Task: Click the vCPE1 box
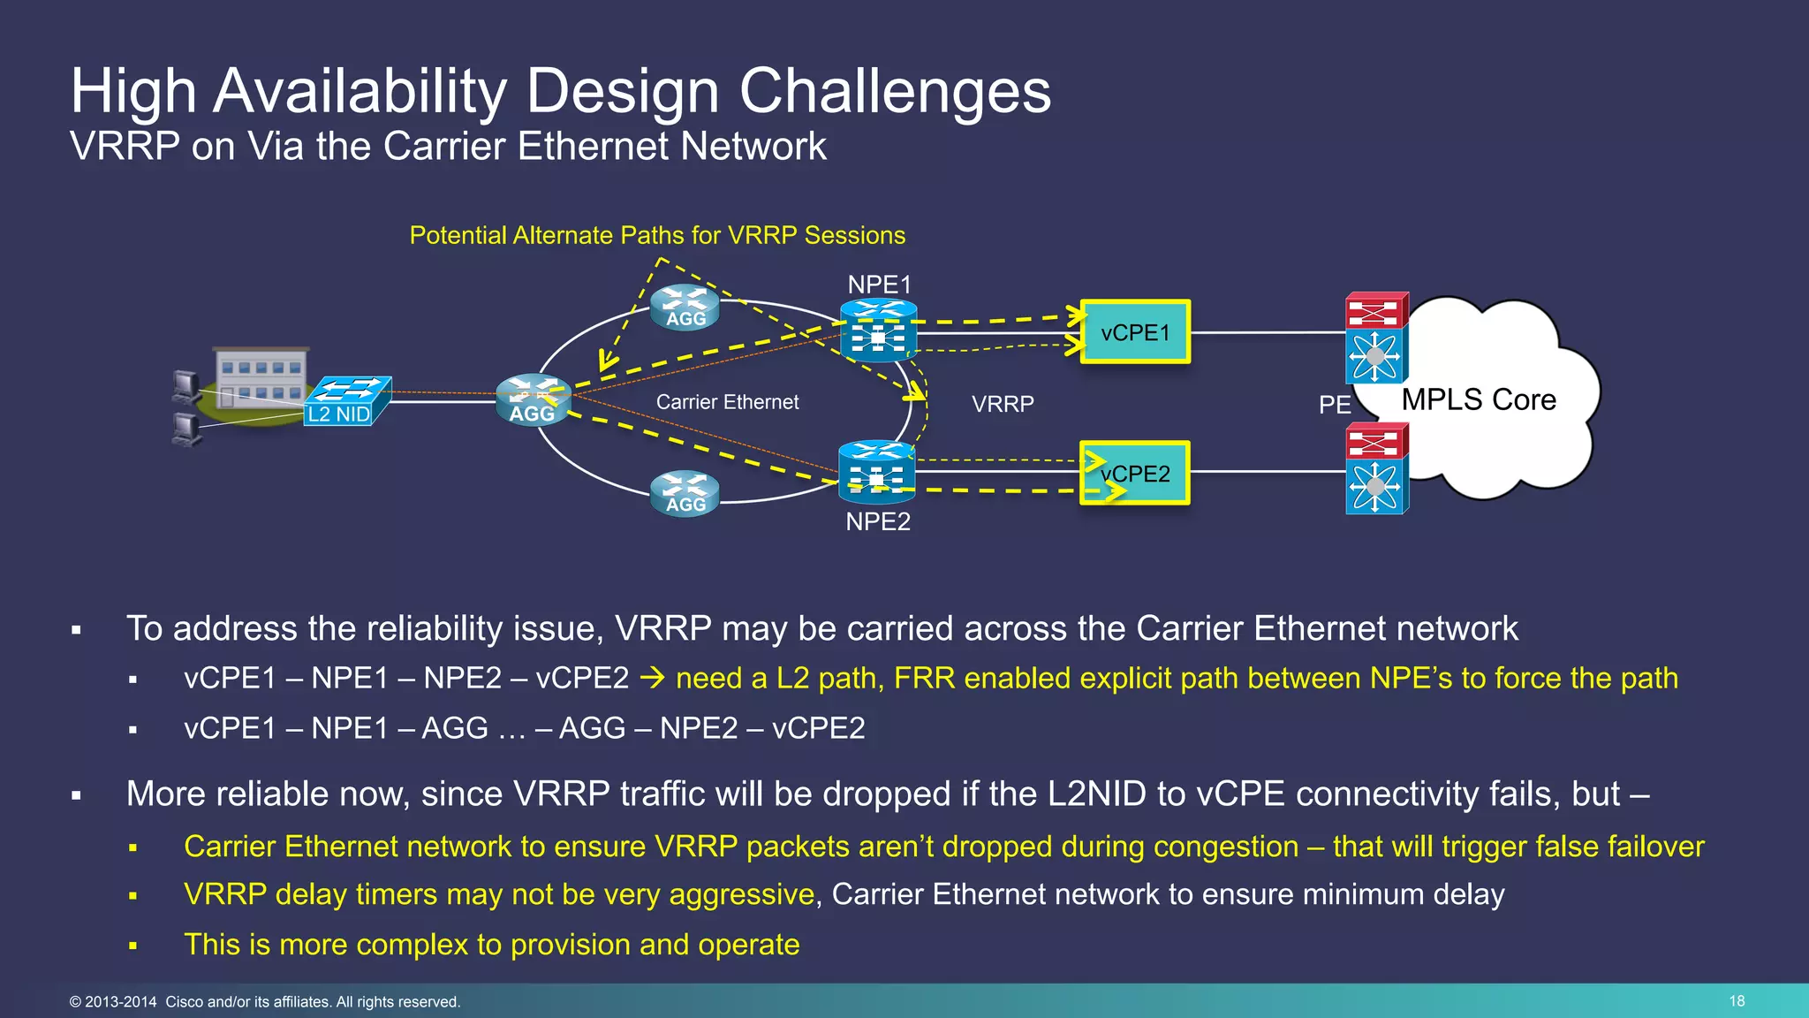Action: (1135, 332)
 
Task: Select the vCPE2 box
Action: (1135, 474)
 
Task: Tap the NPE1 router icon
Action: (878, 331)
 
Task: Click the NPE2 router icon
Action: (876, 472)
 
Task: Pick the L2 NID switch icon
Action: (347, 400)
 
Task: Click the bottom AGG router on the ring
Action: (685, 494)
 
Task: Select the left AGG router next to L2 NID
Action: (533, 400)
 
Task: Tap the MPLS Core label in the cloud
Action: (1479, 399)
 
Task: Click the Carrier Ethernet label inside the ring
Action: (727, 402)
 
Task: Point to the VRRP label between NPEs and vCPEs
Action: (1003, 404)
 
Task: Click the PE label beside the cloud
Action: (1335, 405)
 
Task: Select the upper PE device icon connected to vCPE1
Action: (1375, 337)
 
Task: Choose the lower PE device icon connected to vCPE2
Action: (1375, 469)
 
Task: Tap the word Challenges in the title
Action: (894, 91)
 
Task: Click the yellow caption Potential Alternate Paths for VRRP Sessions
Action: (657, 235)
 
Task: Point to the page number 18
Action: (1737, 1001)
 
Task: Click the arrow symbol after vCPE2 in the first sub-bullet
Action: (652, 679)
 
